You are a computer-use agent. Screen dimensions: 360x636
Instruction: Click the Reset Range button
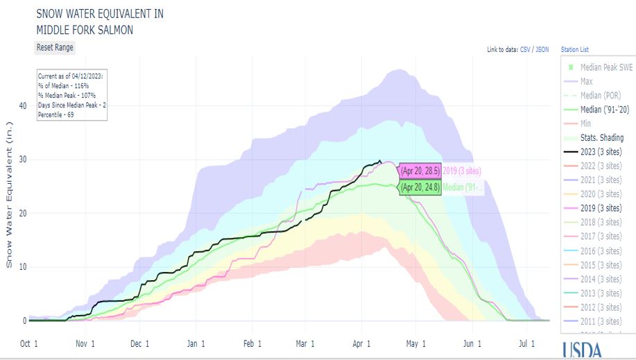(x=55, y=47)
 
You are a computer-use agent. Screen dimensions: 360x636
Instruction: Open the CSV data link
(x=526, y=50)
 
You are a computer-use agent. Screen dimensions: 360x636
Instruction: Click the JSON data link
(x=542, y=50)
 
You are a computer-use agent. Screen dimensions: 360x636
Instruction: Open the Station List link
(x=575, y=50)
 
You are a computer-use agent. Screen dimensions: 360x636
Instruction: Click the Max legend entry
(x=585, y=81)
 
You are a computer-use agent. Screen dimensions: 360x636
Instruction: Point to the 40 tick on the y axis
(x=23, y=105)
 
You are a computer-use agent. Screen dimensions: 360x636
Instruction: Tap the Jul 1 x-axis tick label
(x=527, y=343)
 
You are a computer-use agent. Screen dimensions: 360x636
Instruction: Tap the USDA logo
(x=583, y=350)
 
